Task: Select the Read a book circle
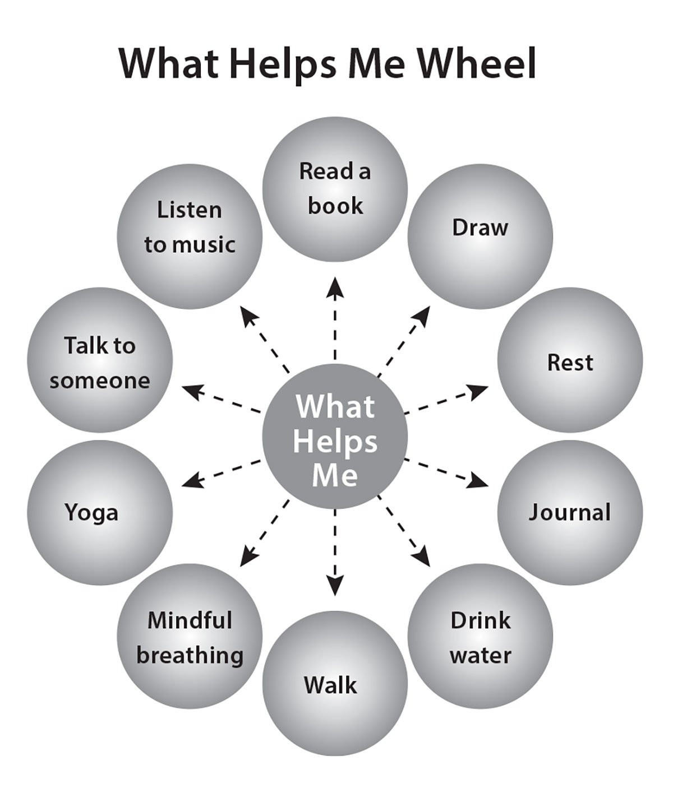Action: [x=335, y=189]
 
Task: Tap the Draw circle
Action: [x=480, y=236]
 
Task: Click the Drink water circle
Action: [x=480, y=638]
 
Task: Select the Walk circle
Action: [x=335, y=684]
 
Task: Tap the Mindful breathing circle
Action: [x=190, y=637]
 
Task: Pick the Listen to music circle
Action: [x=190, y=236]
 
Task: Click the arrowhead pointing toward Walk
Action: [x=335, y=587]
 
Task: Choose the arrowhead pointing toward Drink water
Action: [x=422, y=559]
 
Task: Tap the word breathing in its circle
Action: [x=190, y=655]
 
